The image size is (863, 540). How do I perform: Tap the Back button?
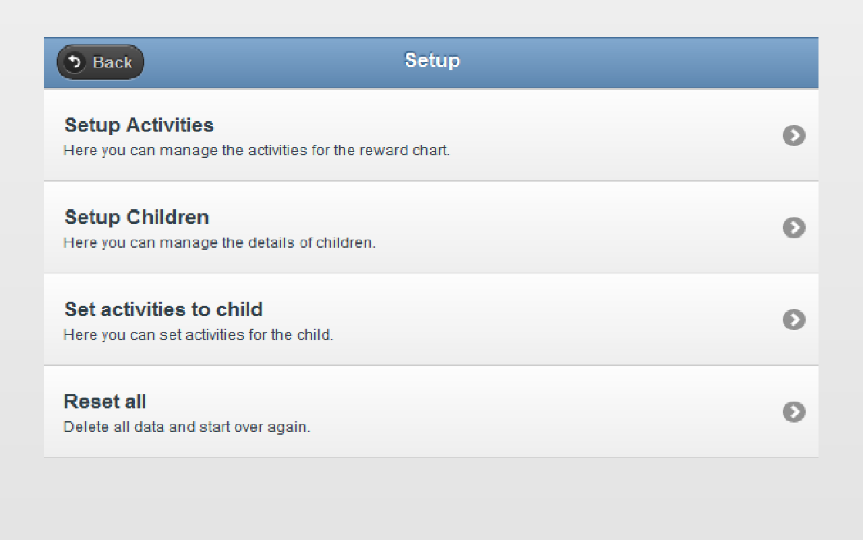click(x=100, y=62)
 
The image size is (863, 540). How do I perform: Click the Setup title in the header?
click(x=432, y=60)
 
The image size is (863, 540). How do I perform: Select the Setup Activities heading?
click(x=139, y=125)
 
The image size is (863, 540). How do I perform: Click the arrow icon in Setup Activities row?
click(x=794, y=136)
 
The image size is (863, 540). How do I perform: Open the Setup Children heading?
click(x=137, y=217)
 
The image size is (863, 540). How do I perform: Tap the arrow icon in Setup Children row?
click(x=794, y=228)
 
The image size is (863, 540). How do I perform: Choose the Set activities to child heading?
click(x=163, y=309)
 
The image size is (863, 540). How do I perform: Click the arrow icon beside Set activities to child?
click(x=794, y=320)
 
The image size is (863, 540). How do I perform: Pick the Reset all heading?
click(x=105, y=402)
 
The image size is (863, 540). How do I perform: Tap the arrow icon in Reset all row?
click(x=794, y=412)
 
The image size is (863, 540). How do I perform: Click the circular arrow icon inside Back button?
click(x=75, y=62)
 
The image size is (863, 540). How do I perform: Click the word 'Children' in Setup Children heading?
click(x=168, y=217)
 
